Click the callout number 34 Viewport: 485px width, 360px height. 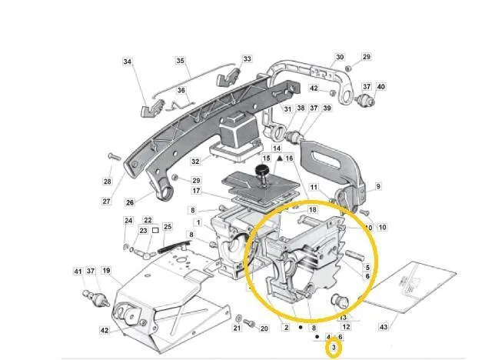[128, 62]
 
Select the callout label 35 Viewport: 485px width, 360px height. [181, 61]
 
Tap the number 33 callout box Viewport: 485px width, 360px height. [247, 58]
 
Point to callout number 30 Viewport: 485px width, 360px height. [340, 57]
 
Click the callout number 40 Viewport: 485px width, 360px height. [380, 87]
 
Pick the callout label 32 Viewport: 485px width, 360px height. [195, 162]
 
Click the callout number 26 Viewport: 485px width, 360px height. [130, 203]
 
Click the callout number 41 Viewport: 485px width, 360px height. [78, 272]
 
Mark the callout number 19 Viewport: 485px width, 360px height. [106, 271]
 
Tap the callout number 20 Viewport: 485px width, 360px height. [264, 328]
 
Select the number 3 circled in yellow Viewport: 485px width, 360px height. [334, 349]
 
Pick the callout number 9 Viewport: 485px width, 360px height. [377, 186]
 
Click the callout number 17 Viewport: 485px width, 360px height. [196, 191]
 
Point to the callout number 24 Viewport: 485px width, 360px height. [128, 221]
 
